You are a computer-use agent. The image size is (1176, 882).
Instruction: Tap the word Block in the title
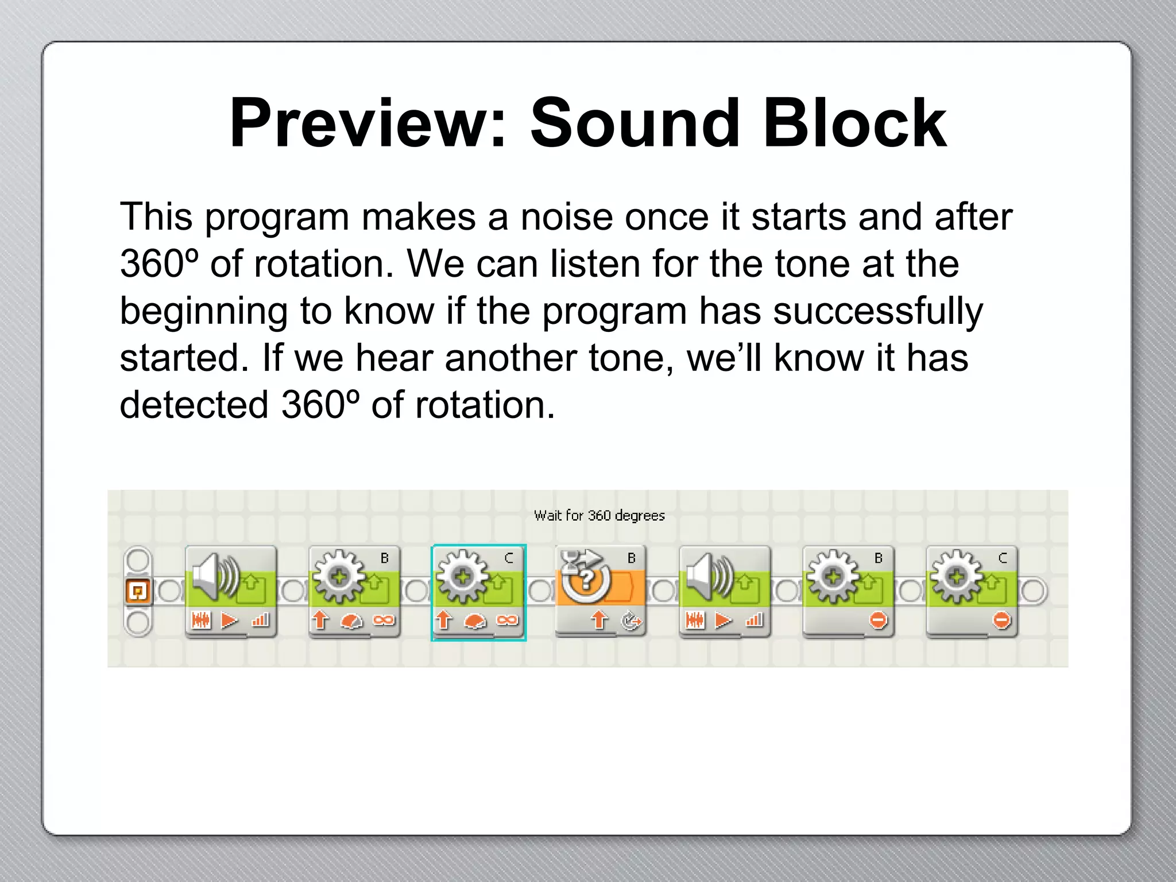854,123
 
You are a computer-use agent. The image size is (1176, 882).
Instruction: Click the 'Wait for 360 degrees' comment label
599,516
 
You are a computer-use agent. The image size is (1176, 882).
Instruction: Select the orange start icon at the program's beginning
138,591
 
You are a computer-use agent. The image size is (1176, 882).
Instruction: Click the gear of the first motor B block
339,576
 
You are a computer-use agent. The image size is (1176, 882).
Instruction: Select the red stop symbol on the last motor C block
1002,620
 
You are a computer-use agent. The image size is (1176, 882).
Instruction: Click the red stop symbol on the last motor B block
879,620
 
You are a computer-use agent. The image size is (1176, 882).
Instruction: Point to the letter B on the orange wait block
632,558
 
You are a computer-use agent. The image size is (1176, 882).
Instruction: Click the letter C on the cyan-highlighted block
508,558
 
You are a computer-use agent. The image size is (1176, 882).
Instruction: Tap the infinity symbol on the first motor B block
384,620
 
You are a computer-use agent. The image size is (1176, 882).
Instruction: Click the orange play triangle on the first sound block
230,620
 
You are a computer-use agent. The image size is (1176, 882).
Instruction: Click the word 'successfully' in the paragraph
878,312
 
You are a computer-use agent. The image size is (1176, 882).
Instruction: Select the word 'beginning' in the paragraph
203,312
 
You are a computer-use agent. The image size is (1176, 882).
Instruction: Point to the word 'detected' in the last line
194,405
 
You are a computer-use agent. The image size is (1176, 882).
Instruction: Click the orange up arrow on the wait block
599,620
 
